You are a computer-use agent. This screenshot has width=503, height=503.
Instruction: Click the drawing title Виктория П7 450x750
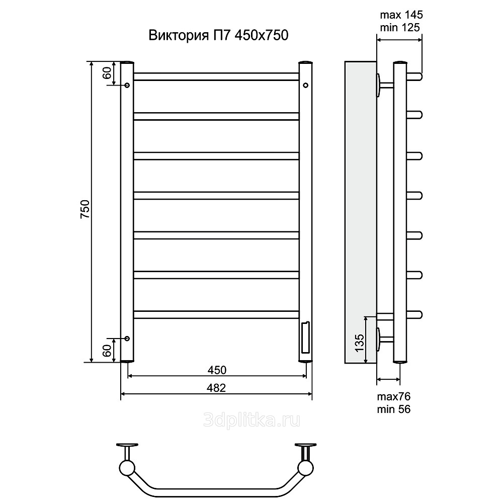[218, 35]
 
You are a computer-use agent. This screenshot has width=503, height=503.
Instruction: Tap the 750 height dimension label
[85, 209]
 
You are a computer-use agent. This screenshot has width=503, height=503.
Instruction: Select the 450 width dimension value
[217, 370]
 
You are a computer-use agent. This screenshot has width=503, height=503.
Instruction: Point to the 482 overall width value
[216, 388]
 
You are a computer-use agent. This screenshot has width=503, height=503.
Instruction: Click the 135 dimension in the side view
[360, 342]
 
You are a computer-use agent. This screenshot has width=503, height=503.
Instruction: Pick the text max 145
[401, 15]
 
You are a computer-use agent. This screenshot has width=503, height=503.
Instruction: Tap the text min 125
[400, 28]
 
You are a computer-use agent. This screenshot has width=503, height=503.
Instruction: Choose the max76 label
[394, 396]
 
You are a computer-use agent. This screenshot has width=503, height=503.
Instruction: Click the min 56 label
[394, 409]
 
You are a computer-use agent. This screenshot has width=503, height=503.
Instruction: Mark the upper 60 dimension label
[108, 73]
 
